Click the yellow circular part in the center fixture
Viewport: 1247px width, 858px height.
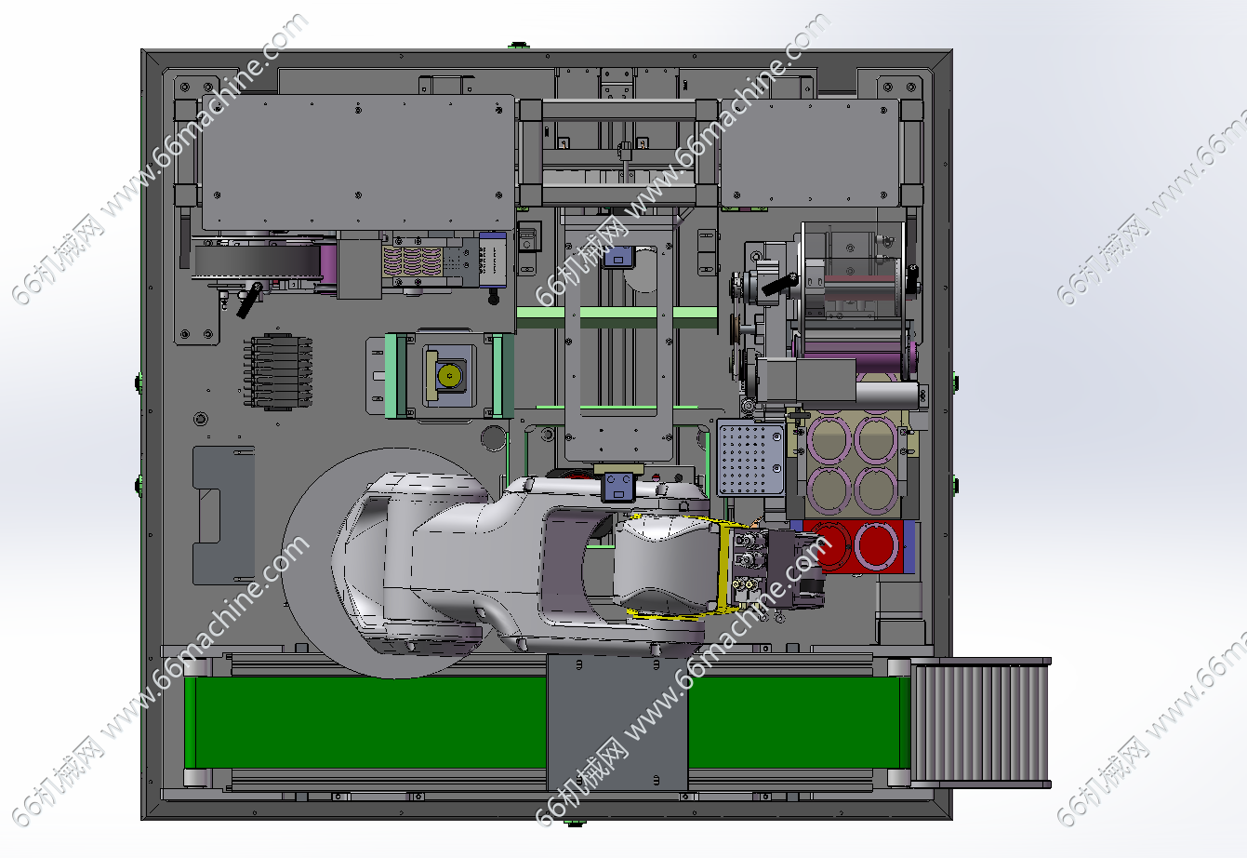(449, 375)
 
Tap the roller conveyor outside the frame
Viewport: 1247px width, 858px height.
(980, 723)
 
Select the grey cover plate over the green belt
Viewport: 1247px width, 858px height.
(617, 723)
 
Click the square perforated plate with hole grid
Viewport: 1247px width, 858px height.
(751, 458)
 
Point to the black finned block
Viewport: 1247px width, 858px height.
(278, 371)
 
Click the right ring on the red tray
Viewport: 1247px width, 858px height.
(876, 545)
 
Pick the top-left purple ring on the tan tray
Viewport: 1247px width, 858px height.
(829, 439)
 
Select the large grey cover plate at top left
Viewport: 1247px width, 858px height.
(358, 162)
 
